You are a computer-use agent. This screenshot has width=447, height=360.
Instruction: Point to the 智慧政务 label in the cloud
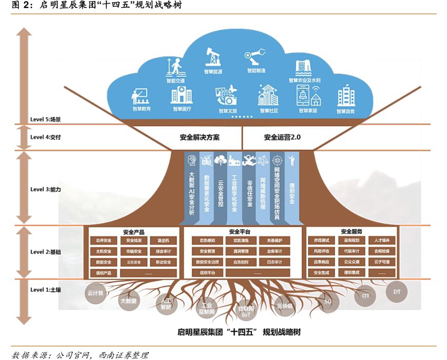tap(346, 111)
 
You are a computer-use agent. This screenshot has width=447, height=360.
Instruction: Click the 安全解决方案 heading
tap(200, 137)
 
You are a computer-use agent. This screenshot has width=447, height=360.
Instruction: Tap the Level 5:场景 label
tap(46, 119)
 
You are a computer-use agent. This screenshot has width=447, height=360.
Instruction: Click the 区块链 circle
tap(285, 305)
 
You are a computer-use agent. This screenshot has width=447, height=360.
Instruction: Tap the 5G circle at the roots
tap(328, 303)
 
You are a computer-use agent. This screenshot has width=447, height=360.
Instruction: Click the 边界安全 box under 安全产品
tap(104, 241)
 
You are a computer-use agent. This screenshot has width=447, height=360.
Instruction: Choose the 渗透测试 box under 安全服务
tap(321, 241)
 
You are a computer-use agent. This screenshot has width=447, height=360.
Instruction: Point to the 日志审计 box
tap(274, 262)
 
